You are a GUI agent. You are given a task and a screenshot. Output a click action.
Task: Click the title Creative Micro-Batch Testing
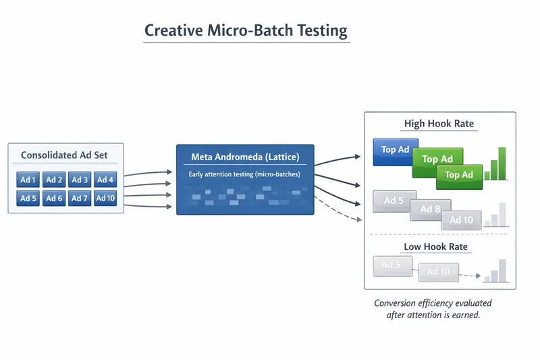246,31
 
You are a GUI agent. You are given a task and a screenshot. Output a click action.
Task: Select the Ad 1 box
28,180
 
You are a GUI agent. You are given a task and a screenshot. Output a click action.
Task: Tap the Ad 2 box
54,180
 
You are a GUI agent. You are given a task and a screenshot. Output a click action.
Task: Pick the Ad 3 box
80,180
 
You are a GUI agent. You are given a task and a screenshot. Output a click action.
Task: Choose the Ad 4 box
105,180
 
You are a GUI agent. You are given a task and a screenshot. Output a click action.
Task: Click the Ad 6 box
54,199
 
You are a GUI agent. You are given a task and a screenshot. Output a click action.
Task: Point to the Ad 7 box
80,199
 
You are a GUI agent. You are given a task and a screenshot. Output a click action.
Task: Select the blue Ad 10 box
105,199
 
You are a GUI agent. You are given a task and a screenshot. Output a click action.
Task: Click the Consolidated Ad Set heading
64,155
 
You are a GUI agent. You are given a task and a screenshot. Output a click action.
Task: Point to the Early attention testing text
244,174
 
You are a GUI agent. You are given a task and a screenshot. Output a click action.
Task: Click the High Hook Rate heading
439,124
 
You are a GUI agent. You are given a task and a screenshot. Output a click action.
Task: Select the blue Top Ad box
396,150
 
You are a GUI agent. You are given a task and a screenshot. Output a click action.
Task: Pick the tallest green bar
502,163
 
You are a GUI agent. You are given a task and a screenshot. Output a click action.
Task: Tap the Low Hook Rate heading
435,247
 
